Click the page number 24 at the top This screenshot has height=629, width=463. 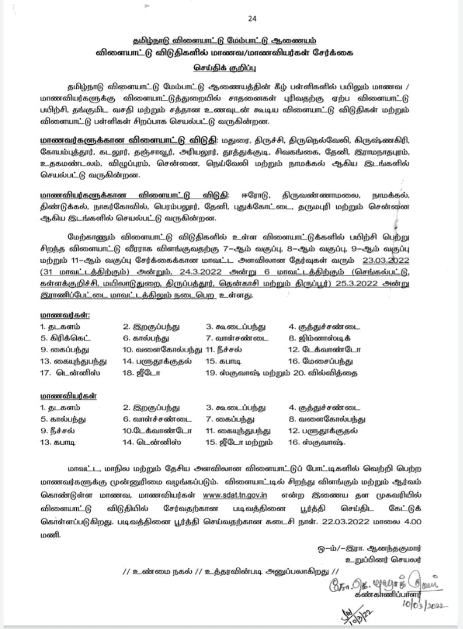click(252, 18)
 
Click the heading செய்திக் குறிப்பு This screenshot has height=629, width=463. click(225, 68)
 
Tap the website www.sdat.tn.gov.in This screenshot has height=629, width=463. click(235, 495)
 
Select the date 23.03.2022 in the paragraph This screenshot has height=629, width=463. click(386, 260)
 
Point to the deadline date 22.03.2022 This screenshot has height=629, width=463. click(347, 522)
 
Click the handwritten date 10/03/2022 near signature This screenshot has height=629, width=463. click(425, 605)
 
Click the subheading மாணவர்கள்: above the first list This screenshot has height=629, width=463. click(65, 315)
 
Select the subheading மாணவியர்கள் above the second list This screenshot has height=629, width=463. click(68, 396)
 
